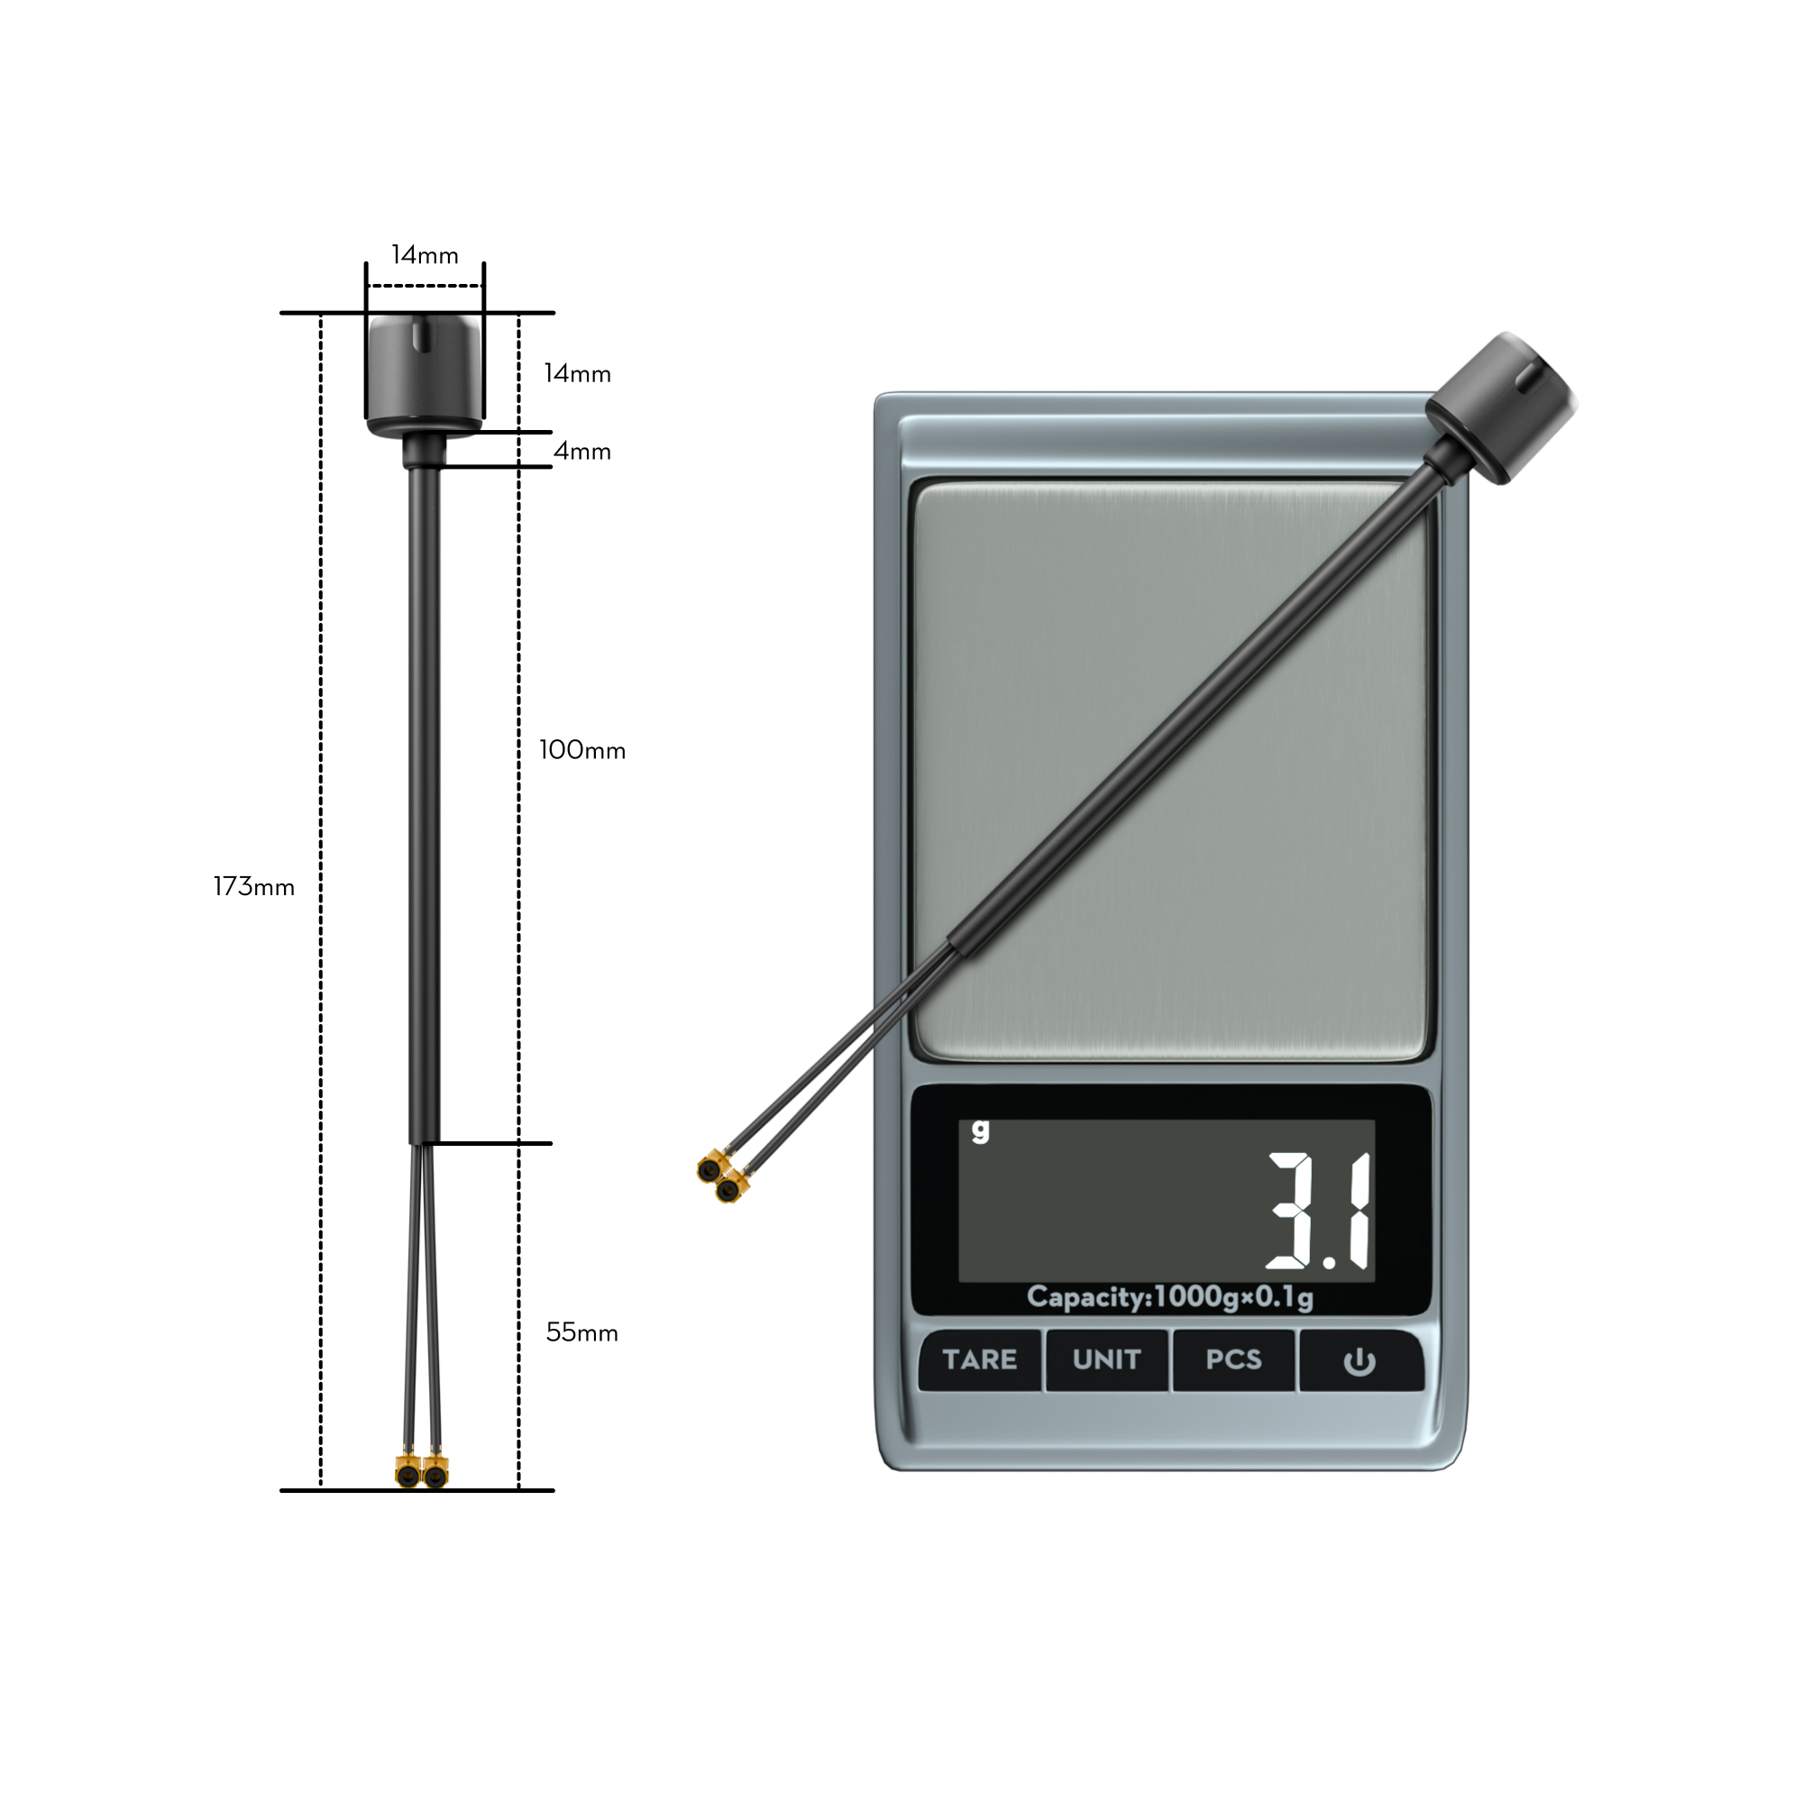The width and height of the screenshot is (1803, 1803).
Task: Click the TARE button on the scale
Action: pyautogui.click(x=979, y=1359)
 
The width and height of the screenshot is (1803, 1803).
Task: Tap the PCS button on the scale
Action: pyautogui.click(x=1232, y=1359)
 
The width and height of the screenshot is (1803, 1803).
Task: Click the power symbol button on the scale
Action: pyautogui.click(x=1359, y=1361)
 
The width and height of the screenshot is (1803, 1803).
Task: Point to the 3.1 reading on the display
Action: pyautogui.click(x=1318, y=1212)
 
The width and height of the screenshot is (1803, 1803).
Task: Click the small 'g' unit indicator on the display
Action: pyautogui.click(x=979, y=1130)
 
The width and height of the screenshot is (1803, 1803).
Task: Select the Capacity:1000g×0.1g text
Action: pyautogui.click(x=1169, y=1296)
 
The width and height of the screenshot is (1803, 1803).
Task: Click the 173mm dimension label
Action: pyautogui.click(x=254, y=886)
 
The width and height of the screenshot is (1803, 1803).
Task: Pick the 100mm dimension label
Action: pyautogui.click(x=581, y=750)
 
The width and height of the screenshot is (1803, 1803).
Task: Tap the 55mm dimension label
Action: pyautogui.click(x=581, y=1332)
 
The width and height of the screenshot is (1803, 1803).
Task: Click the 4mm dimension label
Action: pyautogui.click(x=581, y=452)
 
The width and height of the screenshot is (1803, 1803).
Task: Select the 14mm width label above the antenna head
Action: pyautogui.click(x=425, y=255)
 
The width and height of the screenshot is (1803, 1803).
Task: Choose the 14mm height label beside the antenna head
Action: pyautogui.click(x=577, y=374)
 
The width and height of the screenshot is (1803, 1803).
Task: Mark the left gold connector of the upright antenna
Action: pyautogui.click(x=407, y=1475)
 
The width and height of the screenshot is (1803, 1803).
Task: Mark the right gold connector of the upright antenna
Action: pyautogui.click(x=435, y=1475)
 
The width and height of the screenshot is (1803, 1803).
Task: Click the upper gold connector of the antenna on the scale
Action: pyautogui.click(x=710, y=1168)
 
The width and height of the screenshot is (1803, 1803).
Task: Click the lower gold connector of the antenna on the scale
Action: pyautogui.click(x=731, y=1190)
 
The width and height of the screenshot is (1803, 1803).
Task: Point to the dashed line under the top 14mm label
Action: pyautogui.click(x=425, y=287)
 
